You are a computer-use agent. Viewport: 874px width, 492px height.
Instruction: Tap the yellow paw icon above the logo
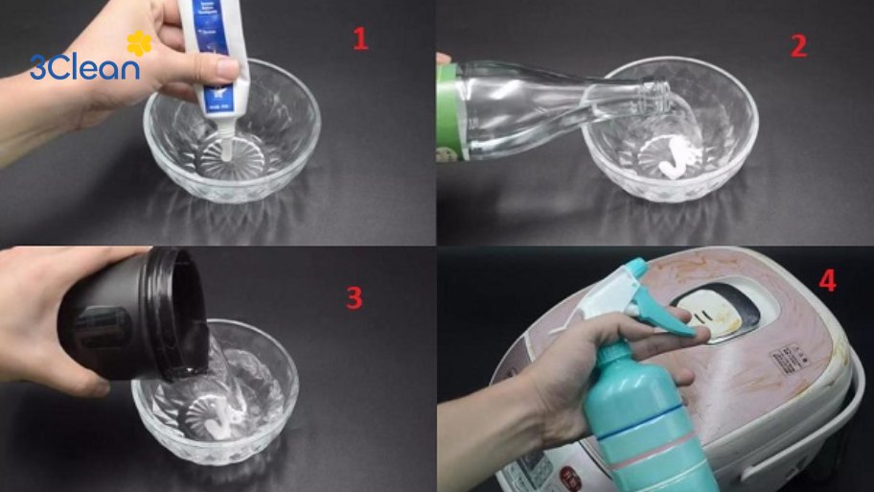tap(139, 43)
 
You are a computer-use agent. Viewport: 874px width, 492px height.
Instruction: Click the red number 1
tap(359, 39)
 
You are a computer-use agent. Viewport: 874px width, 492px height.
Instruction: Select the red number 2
tap(798, 46)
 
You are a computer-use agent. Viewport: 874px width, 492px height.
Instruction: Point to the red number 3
tap(354, 298)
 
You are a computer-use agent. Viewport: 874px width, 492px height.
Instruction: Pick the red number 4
tap(827, 281)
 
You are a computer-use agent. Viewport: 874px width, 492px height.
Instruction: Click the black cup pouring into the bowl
tap(134, 312)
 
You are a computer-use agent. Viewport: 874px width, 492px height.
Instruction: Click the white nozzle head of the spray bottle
tap(613, 293)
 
